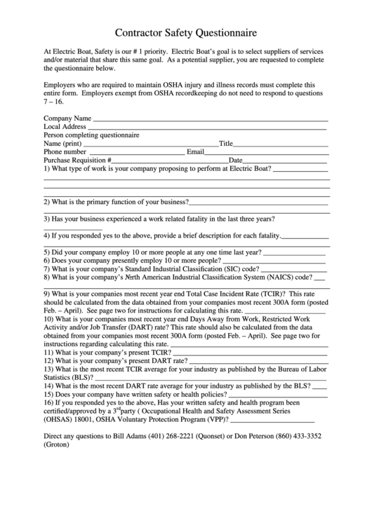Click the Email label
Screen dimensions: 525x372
point(195,151)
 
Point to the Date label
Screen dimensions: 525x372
point(236,160)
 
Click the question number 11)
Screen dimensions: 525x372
point(49,353)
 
